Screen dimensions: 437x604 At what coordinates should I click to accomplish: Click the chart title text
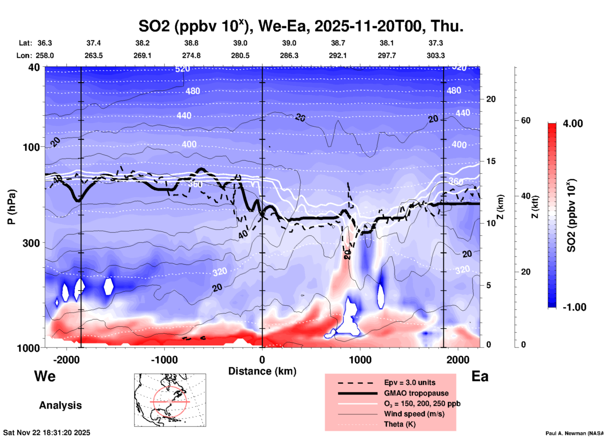pos(301,26)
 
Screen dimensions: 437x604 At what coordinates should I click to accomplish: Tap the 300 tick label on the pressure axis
pos(31,243)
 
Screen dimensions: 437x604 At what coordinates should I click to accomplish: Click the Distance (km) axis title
pos(262,371)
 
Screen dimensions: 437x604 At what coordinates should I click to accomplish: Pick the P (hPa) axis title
pos(12,207)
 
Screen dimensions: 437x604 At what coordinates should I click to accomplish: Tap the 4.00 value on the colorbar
pos(573,123)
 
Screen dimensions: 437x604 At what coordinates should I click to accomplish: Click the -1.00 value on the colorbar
pos(574,307)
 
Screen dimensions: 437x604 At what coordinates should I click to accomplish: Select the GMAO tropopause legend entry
pos(416,393)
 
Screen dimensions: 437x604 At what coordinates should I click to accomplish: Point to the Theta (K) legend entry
pos(400,424)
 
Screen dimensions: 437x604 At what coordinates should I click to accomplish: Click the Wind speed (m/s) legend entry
pos(414,414)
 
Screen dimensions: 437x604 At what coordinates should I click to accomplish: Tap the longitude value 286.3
pos(289,55)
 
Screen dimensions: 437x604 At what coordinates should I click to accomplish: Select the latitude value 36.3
pos(45,43)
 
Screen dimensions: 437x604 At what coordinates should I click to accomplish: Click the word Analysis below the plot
pos(60,405)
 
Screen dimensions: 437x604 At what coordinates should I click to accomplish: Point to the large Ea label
pos(480,376)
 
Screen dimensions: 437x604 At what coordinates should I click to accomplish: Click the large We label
pos(45,376)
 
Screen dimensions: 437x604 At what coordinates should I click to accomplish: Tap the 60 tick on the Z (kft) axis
pos(525,120)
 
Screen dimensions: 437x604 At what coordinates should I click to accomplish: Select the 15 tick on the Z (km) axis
pos(491,161)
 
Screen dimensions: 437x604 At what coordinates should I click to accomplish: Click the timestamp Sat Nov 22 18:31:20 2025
pos(47,433)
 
